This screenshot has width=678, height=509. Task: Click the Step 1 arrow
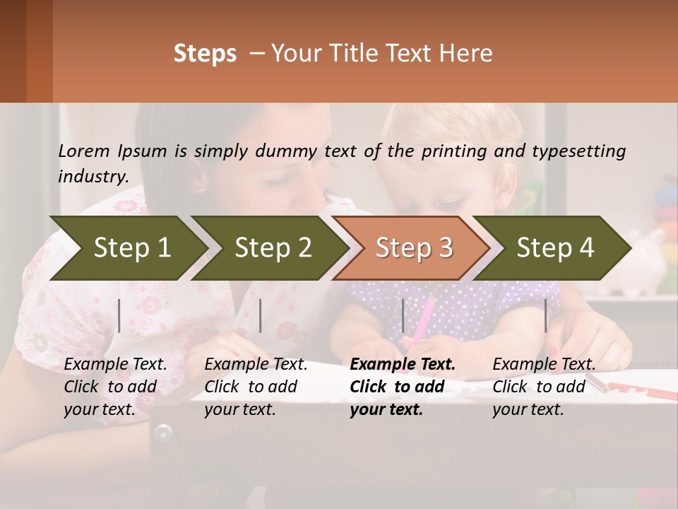[x=127, y=248]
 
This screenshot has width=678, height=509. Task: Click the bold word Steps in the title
[x=205, y=54]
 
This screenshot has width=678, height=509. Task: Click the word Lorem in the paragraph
[x=84, y=151]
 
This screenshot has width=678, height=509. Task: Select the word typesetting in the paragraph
[x=578, y=151]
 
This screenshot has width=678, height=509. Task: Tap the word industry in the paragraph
[x=93, y=176]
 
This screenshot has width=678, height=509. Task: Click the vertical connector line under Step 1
[x=119, y=315]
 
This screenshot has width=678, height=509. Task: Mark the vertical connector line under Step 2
[x=261, y=315]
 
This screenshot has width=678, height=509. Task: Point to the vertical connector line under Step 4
[x=546, y=315]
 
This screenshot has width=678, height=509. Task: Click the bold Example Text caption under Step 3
[x=403, y=387]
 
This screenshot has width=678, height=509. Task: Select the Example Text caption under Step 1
[x=115, y=387]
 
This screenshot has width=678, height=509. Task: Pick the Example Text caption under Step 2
[x=256, y=387]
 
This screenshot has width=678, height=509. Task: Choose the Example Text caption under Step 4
[x=544, y=387]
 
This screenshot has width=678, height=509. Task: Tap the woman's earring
[x=199, y=189]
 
